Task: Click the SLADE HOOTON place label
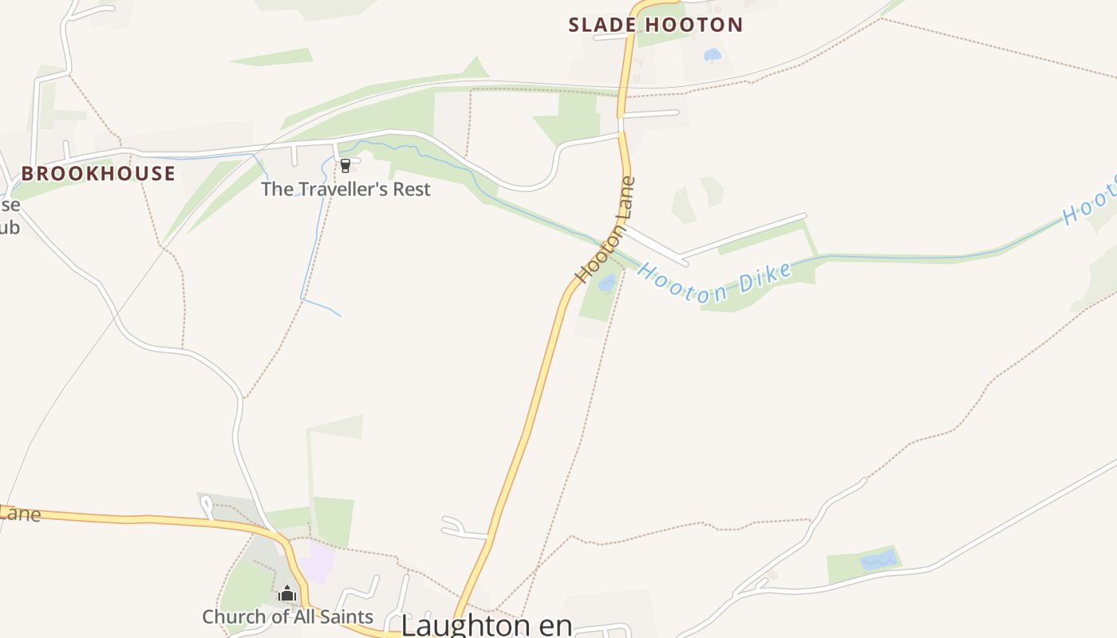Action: pos(655,25)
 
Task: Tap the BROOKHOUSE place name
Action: pos(98,174)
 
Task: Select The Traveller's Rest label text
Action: pos(345,189)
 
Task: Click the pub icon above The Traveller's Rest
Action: pos(345,166)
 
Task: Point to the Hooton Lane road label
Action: pos(606,230)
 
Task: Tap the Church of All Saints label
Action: pos(287,616)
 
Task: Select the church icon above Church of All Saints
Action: pos(287,594)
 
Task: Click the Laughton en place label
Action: pos(487,624)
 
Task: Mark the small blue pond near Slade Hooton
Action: pos(712,55)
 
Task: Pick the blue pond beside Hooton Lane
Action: pos(607,282)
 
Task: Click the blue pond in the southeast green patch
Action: pos(878,561)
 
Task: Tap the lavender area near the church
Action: pos(318,562)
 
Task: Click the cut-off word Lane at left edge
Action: pos(19,513)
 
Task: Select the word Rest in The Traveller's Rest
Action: pos(409,189)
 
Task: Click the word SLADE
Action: pos(602,25)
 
